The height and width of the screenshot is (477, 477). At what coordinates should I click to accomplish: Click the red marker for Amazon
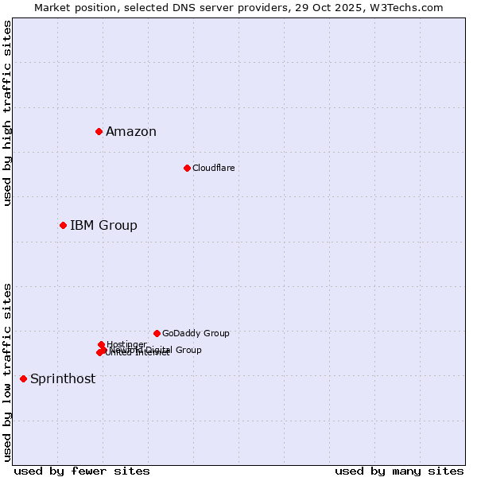click(99, 131)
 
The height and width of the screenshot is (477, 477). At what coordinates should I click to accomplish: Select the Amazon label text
click(131, 132)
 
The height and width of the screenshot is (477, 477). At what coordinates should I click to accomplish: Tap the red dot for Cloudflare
click(187, 168)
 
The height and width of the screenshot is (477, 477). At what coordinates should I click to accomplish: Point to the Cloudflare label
click(213, 168)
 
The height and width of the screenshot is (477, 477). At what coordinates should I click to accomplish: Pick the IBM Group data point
click(63, 225)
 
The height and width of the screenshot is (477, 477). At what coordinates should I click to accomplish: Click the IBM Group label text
click(103, 226)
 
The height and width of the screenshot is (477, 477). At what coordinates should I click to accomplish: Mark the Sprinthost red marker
click(23, 378)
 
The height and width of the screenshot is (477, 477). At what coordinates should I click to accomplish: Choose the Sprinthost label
click(63, 379)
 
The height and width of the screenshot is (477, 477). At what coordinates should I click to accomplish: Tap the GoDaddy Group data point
click(157, 333)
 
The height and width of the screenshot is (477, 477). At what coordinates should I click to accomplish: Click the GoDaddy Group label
click(196, 333)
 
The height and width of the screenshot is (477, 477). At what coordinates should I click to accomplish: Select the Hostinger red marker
click(101, 344)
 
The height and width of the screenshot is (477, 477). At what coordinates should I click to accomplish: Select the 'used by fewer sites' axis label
click(82, 471)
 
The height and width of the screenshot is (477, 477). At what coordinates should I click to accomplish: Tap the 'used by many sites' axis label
click(399, 471)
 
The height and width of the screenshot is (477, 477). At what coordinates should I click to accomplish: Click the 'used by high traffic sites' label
click(7, 113)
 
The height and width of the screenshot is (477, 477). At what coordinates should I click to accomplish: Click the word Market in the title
click(52, 7)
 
